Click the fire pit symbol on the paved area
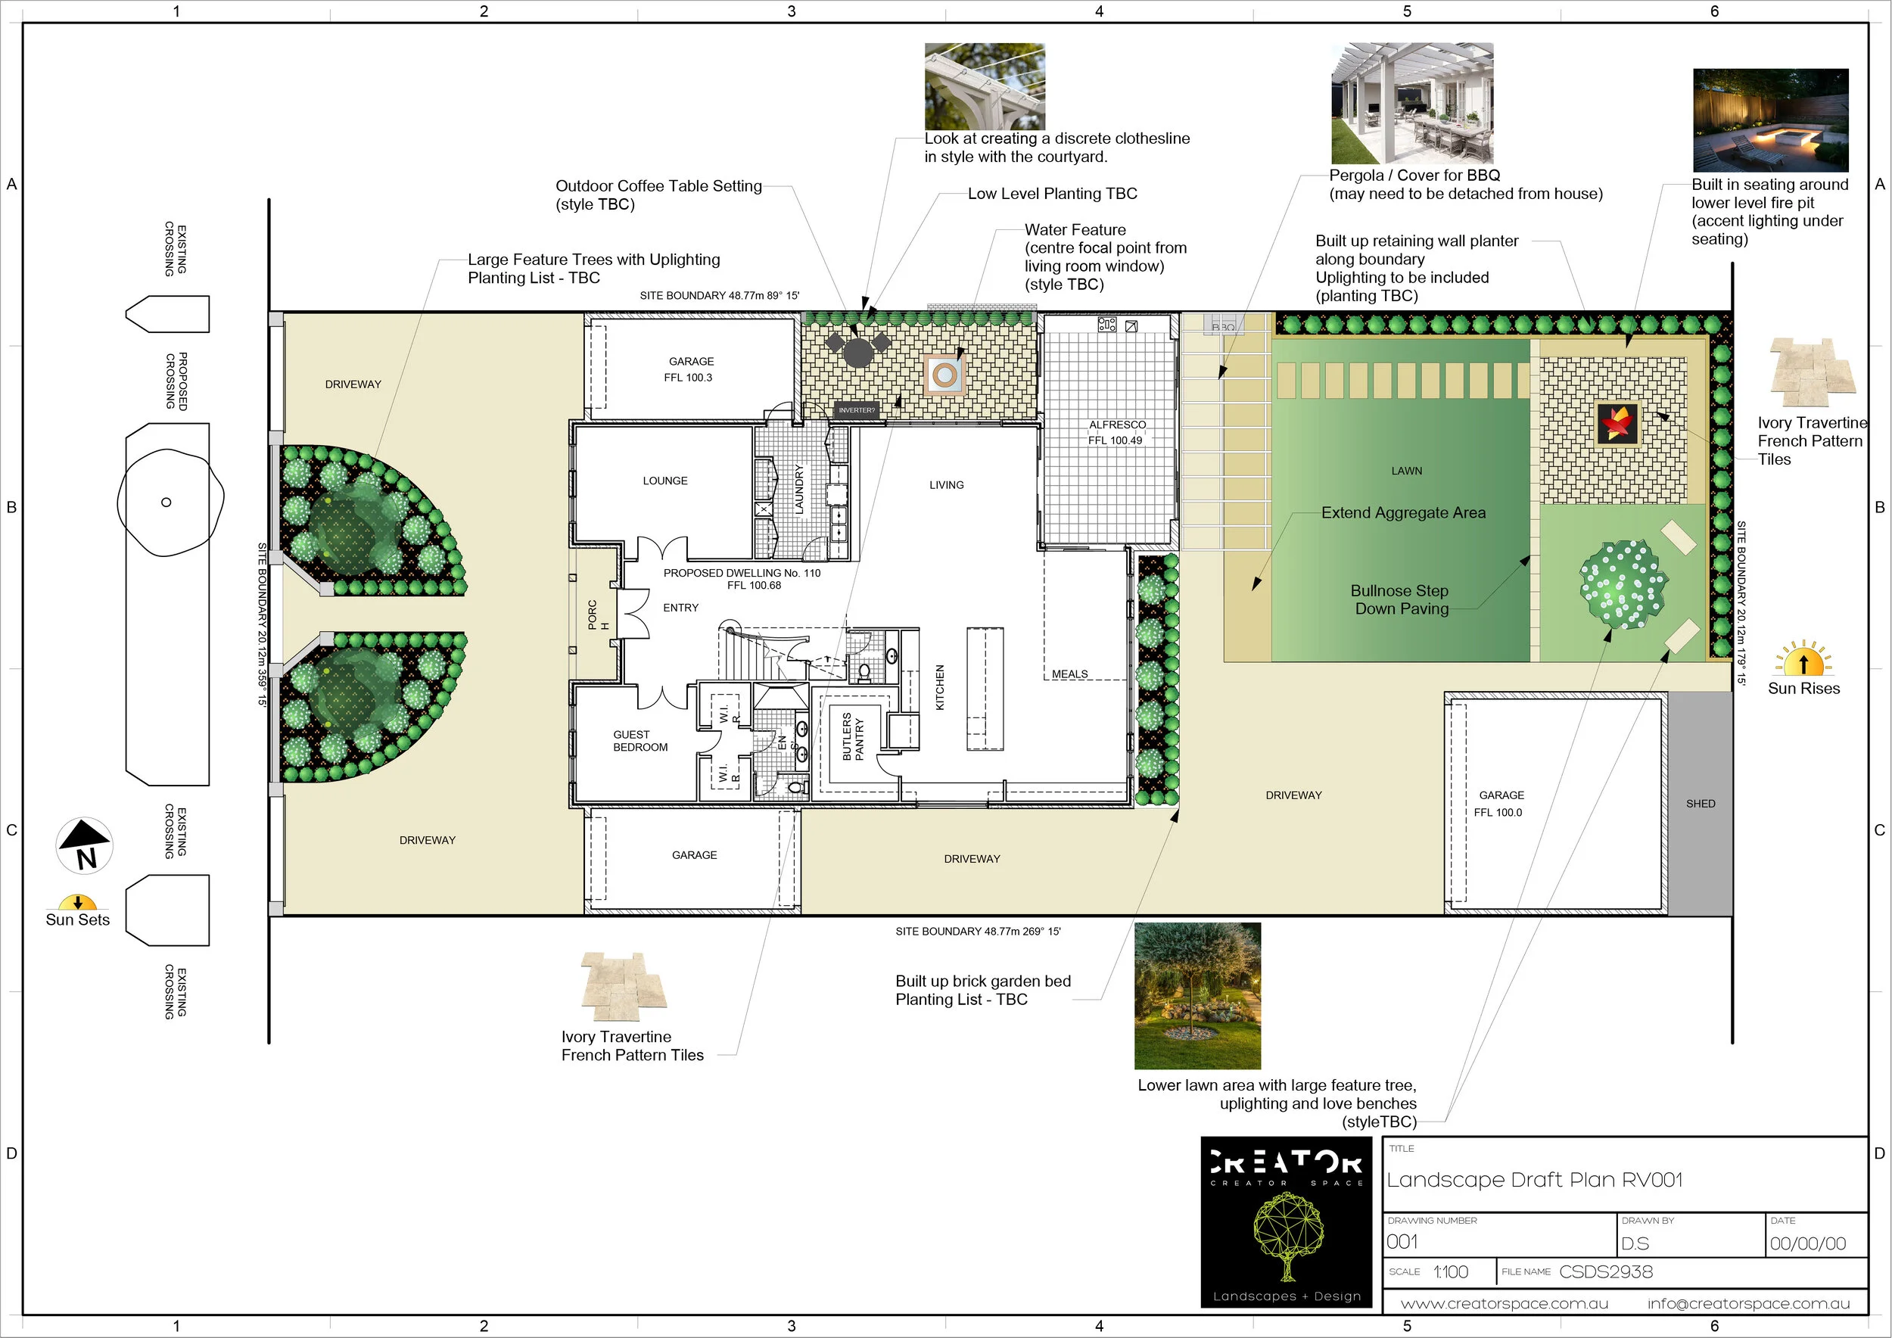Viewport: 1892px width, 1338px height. pos(1616,422)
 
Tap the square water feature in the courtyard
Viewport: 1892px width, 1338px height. pos(944,375)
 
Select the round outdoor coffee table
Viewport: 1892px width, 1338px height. pos(857,353)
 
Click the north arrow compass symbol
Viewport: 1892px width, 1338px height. pos(84,845)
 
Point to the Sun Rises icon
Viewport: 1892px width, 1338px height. pos(1803,658)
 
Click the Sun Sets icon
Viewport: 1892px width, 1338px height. pos(77,902)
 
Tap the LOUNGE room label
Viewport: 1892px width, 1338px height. pos(665,481)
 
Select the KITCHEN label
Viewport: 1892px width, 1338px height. pos(940,687)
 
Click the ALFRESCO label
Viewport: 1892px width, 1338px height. pos(1117,425)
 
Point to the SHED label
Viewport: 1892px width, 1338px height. pos(1700,803)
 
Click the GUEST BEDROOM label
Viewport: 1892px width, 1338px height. pos(640,741)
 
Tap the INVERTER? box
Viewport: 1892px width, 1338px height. pos(856,409)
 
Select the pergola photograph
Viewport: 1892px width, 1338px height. pos(1411,103)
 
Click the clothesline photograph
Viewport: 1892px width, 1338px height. pos(985,86)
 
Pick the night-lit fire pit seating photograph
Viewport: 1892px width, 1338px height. pos(1770,120)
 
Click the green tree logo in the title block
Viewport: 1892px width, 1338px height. pos(1288,1236)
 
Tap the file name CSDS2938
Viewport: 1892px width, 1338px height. pos(1606,1271)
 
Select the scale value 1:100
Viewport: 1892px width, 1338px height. pos(1450,1271)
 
